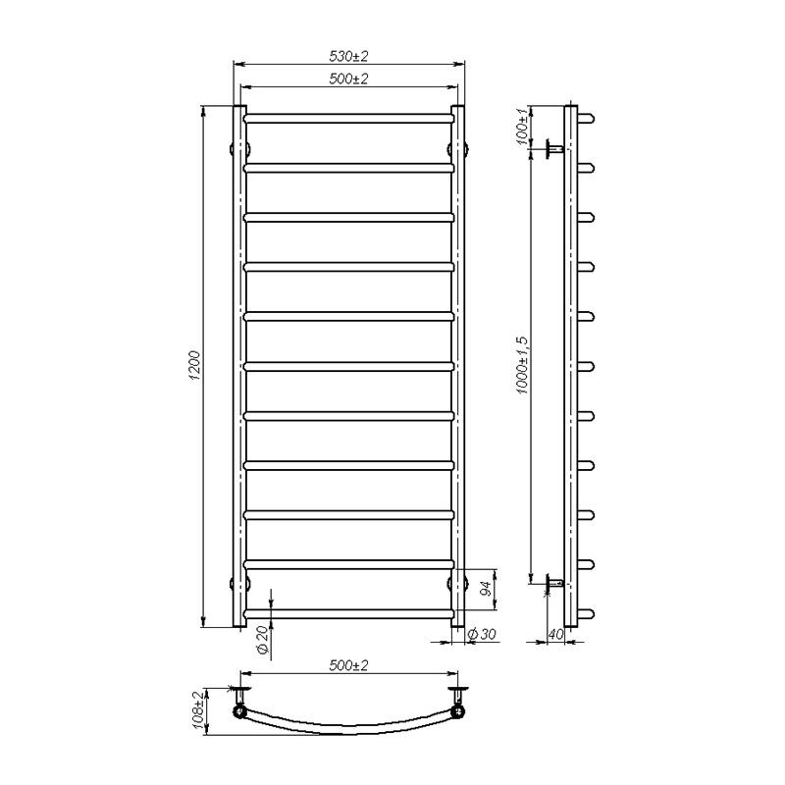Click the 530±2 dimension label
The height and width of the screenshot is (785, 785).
[x=348, y=56]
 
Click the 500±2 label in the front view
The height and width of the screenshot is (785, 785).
[x=348, y=79]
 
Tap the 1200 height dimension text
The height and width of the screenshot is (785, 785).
[x=195, y=365]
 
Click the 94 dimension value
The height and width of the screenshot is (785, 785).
[x=484, y=590]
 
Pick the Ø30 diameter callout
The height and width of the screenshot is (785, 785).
[x=483, y=636]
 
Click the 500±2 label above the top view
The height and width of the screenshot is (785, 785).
[x=348, y=666]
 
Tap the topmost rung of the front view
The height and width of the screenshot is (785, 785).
[x=348, y=118]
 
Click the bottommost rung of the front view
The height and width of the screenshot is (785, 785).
[x=348, y=613]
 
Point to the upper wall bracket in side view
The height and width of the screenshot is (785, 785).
[x=552, y=149]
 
